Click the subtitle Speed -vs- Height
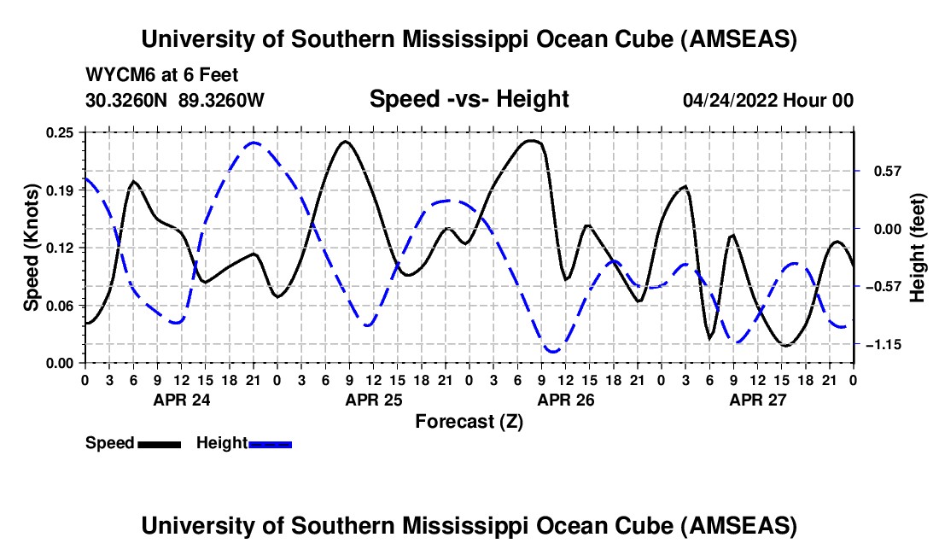pyautogui.click(x=469, y=99)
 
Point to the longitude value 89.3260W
pyautogui.click(x=222, y=100)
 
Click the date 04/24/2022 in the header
pyautogui.click(x=734, y=100)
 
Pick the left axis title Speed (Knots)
pyautogui.click(x=32, y=248)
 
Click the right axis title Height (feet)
pyautogui.click(x=919, y=248)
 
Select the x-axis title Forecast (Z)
pyautogui.click(x=469, y=421)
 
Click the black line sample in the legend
pyautogui.click(x=159, y=444)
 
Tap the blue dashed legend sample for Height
pyautogui.click(x=270, y=444)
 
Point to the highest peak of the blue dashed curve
pyautogui.click(x=254, y=143)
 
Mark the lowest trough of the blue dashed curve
pyautogui.click(x=552, y=351)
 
